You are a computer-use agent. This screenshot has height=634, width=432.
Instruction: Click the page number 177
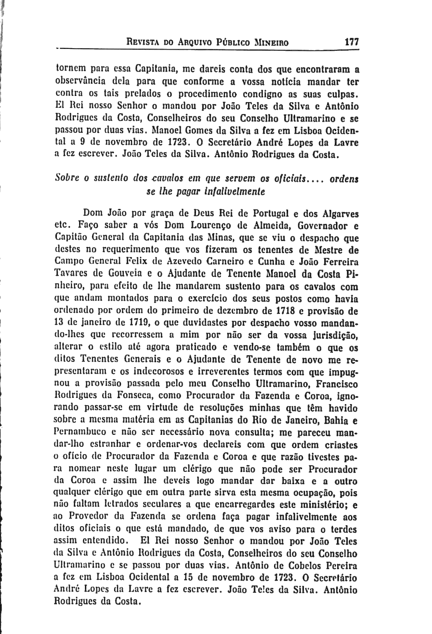pos(351,41)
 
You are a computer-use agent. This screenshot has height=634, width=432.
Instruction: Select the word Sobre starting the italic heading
pos(68,179)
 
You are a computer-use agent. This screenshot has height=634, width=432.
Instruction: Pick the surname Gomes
pos(208,130)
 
